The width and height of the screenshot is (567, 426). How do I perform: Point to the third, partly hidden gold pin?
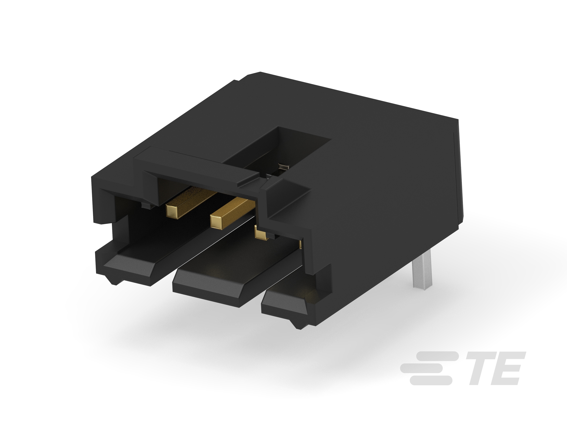[260, 232]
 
